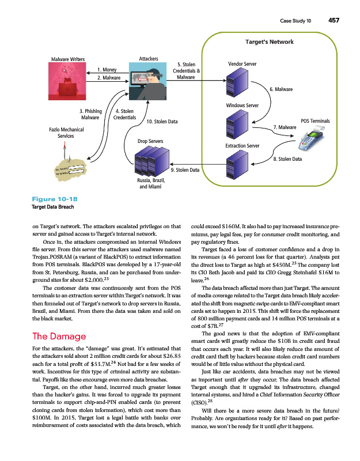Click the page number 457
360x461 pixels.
[x=334, y=20]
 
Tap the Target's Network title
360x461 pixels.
[x=270, y=41]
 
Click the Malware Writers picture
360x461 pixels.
[x=68, y=81]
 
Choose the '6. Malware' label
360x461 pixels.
[x=282, y=89]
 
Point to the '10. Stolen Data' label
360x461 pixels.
[x=162, y=122]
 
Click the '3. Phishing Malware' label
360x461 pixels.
[x=90, y=114]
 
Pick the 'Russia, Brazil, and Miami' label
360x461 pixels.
[x=150, y=184]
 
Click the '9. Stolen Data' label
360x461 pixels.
[x=185, y=170]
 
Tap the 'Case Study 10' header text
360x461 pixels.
[x=295, y=20]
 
